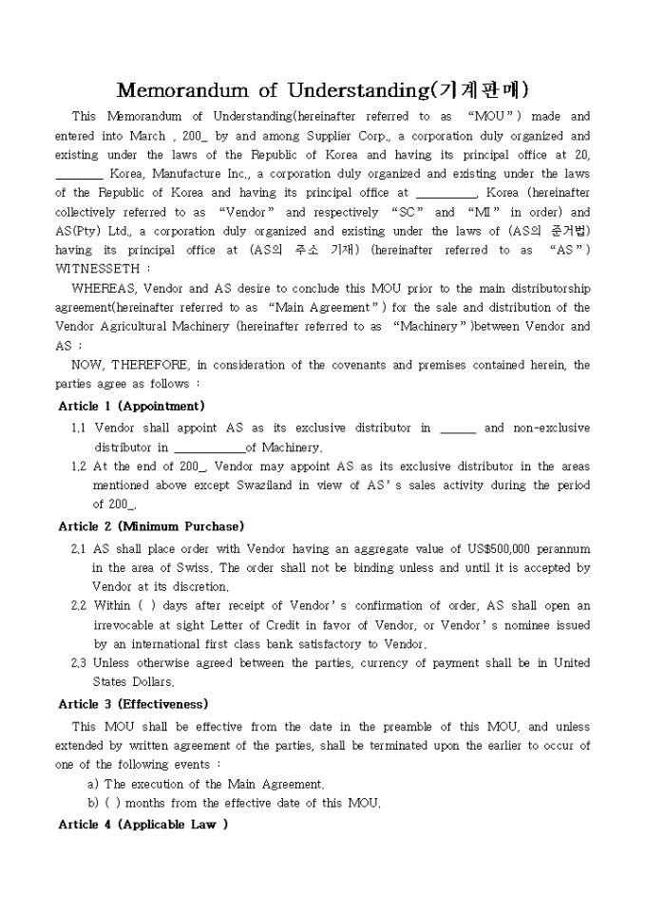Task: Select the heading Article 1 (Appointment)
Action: point(131,406)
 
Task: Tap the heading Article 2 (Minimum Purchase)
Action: point(151,526)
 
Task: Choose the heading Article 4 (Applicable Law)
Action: point(142,825)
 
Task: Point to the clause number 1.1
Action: point(79,428)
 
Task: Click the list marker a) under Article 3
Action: point(92,784)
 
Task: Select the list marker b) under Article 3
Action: point(92,803)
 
